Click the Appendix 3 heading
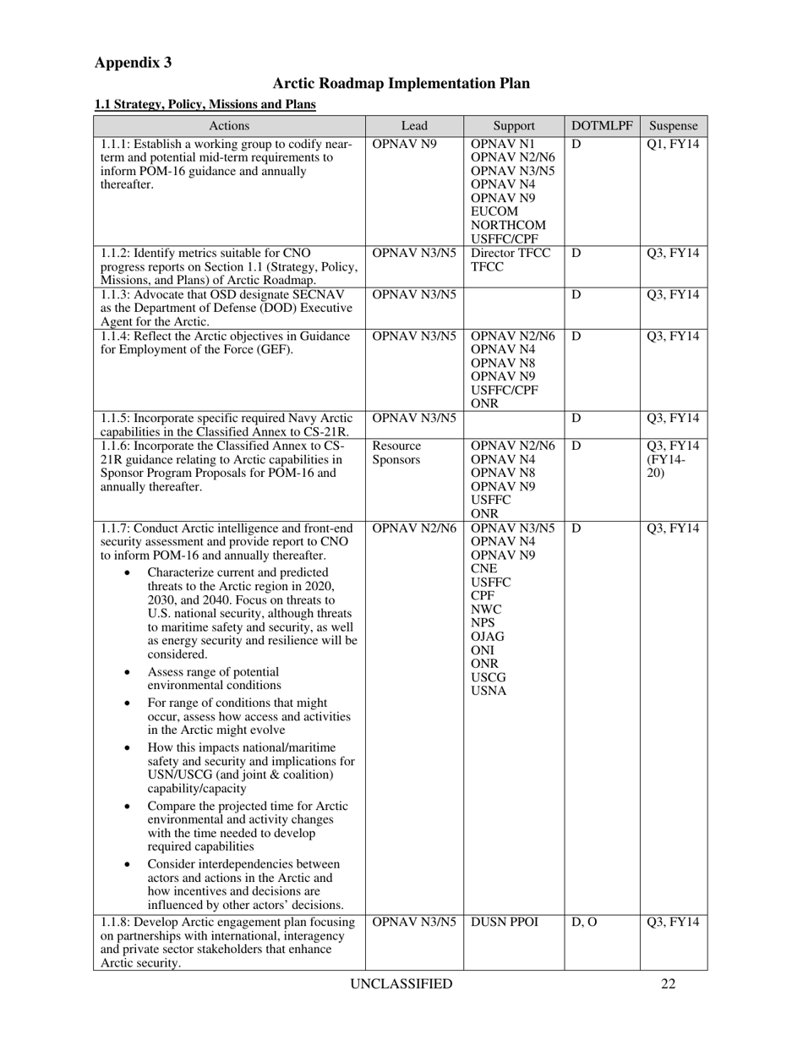(x=133, y=63)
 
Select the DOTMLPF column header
(x=602, y=126)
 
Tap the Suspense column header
(x=674, y=126)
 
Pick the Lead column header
(x=414, y=126)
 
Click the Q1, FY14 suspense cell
(x=673, y=144)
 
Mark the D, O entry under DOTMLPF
(x=583, y=922)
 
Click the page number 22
(x=668, y=983)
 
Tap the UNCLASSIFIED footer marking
(x=401, y=983)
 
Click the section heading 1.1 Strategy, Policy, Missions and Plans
(x=205, y=104)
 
